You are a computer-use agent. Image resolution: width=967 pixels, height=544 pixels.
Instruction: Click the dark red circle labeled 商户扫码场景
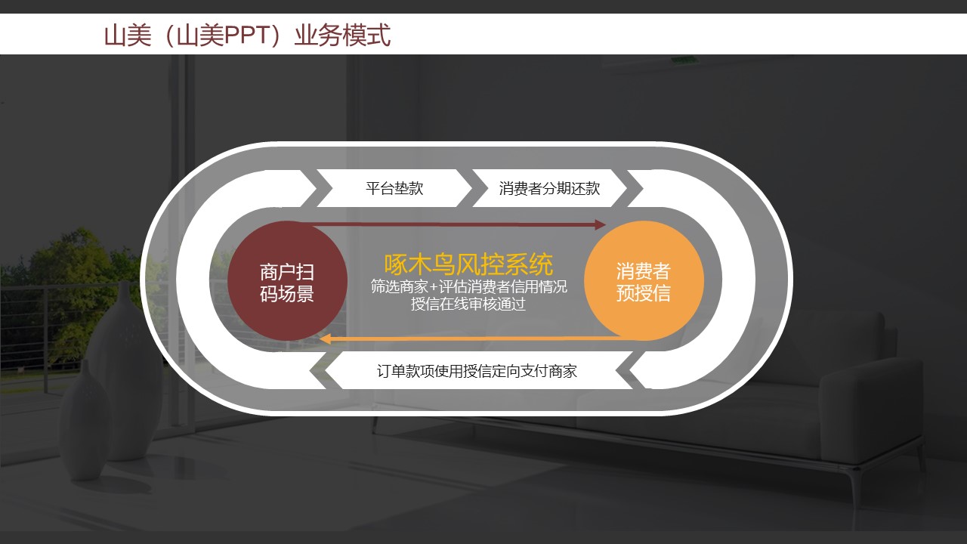(x=287, y=281)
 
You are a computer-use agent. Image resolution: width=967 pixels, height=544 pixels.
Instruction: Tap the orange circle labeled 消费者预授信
(x=644, y=281)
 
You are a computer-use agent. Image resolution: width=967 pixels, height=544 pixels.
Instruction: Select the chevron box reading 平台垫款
(x=394, y=188)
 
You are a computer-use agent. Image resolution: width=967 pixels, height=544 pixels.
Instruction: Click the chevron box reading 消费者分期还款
(x=549, y=188)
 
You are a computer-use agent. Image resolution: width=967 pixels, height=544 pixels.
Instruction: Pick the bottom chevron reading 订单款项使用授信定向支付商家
(x=477, y=371)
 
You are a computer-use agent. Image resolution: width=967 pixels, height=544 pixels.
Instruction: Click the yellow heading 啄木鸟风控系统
(x=468, y=264)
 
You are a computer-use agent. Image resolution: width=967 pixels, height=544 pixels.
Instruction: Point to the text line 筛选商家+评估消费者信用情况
(x=468, y=287)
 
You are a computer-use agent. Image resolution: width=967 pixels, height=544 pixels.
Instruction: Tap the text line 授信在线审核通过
(x=468, y=304)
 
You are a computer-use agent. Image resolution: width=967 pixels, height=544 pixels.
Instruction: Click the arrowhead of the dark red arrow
(x=601, y=224)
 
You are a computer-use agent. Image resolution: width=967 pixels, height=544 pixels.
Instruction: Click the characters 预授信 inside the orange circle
(x=644, y=293)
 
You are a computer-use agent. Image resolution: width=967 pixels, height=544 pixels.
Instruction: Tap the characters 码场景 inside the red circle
(x=287, y=294)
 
